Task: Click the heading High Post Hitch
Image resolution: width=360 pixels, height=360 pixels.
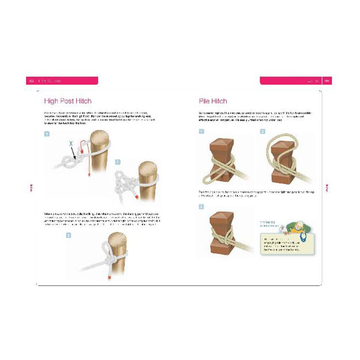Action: click(68, 101)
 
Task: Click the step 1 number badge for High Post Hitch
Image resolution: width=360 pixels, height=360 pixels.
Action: click(46, 133)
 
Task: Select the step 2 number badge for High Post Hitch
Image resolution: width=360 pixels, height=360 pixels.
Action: click(117, 162)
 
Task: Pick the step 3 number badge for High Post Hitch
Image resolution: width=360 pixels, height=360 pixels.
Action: click(69, 235)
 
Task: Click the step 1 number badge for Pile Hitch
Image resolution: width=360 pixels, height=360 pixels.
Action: click(201, 131)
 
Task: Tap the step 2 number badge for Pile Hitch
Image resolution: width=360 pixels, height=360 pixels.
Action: click(263, 131)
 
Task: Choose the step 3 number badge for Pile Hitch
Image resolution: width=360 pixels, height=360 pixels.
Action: click(201, 207)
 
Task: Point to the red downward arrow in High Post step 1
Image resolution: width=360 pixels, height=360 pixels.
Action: click(88, 159)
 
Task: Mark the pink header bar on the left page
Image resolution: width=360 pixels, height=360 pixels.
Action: click(62, 80)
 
